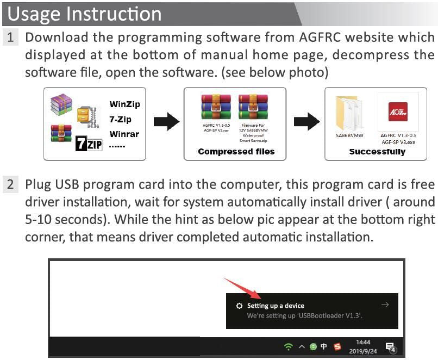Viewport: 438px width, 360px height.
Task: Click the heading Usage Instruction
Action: (x=85, y=14)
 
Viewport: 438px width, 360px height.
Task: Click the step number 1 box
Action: (x=11, y=38)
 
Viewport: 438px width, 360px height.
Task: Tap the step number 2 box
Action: (x=11, y=184)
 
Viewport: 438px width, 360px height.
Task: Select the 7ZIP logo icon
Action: (x=89, y=144)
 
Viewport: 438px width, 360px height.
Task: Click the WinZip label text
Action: (x=124, y=104)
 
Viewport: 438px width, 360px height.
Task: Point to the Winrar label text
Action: (x=124, y=134)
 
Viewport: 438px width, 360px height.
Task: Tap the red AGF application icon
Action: (x=398, y=111)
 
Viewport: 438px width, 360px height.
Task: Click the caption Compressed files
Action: (x=236, y=152)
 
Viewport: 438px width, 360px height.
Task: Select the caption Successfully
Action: (x=377, y=152)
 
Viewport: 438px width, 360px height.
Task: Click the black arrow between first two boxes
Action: (x=166, y=122)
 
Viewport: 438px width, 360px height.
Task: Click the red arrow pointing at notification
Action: (x=242, y=289)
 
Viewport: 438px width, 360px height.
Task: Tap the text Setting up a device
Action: (x=276, y=306)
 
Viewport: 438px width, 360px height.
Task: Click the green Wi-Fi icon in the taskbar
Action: (x=288, y=346)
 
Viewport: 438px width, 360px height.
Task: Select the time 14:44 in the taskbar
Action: (x=363, y=342)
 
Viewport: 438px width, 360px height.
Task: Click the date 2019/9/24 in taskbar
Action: (x=363, y=351)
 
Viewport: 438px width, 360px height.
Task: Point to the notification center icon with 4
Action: (x=391, y=347)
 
